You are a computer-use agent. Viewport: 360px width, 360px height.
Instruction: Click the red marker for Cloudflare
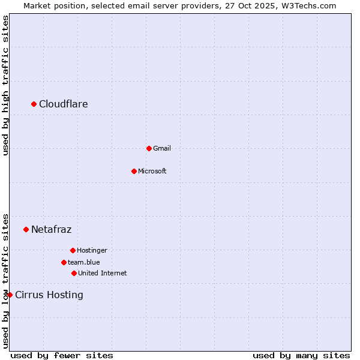(x=34, y=104)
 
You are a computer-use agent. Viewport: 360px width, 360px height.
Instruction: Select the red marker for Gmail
(x=149, y=148)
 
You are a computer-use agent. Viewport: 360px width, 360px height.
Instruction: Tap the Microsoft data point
(x=134, y=171)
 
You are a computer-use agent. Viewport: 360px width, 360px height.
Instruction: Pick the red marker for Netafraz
(x=26, y=229)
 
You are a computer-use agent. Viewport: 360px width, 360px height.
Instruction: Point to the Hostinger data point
(x=73, y=250)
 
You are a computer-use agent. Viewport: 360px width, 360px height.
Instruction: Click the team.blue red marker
(x=64, y=262)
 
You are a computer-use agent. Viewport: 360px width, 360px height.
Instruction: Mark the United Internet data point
(x=74, y=273)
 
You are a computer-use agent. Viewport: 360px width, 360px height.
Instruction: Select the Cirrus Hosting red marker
(x=10, y=295)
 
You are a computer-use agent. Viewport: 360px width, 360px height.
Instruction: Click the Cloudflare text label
(x=64, y=104)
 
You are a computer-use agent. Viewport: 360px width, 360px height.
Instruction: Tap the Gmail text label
(x=162, y=148)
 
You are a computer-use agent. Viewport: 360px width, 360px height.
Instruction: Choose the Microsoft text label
(x=152, y=171)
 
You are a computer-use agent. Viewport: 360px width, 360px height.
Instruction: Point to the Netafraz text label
(x=52, y=229)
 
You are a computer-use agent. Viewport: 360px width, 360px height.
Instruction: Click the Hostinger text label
(x=92, y=250)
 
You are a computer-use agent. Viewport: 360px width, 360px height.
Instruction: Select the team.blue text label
(x=84, y=262)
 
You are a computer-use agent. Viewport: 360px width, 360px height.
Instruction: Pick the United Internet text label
(x=103, y=273)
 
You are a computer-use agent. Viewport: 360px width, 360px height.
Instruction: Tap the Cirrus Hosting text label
(x=49, y=295)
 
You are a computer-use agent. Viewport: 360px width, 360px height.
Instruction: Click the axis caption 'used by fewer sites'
(x=62, y=355)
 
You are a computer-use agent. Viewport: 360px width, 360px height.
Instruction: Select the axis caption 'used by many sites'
(x=301, y=355)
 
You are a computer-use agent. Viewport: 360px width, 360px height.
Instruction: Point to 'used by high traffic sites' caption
(x=6, y=85)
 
